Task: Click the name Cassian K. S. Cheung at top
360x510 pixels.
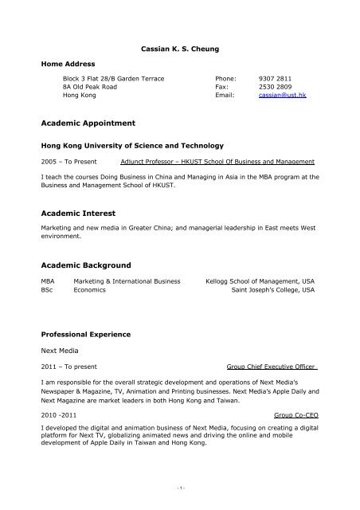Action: coord(179,49)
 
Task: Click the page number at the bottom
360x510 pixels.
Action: coord(180,488)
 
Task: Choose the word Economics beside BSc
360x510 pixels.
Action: coord(88,291)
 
